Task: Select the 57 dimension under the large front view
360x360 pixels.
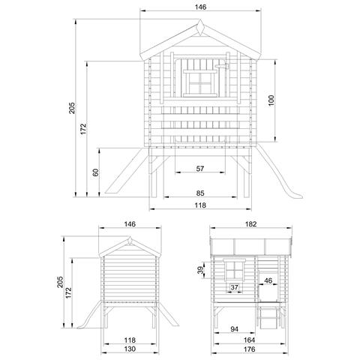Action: [x=200, y=169]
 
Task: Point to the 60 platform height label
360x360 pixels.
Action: [x=94, y=172]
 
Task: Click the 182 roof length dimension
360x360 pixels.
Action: [x=250, y=223]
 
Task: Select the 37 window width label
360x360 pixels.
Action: [x=235, y=287]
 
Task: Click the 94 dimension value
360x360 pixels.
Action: [x=234, y=328]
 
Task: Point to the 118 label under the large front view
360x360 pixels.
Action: [x=200, y=205]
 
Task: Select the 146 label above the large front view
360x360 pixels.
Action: [x=200, y=7]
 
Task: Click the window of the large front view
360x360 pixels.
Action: [x=200, y=82]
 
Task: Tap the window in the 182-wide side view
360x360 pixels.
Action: [x=234, y=270]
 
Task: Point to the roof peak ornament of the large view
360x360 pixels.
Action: [x=200, y=27]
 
